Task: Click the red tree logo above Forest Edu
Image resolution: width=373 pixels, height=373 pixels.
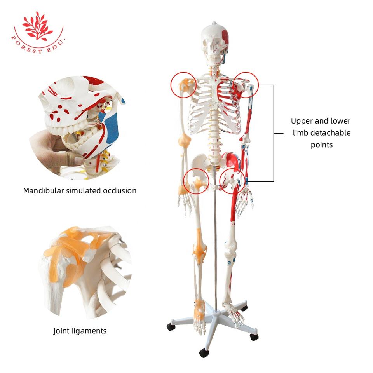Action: coord(38,25)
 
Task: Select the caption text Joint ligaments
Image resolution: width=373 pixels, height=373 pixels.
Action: coord(80,331)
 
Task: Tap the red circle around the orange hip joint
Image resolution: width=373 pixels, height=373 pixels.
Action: coord(196,181)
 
